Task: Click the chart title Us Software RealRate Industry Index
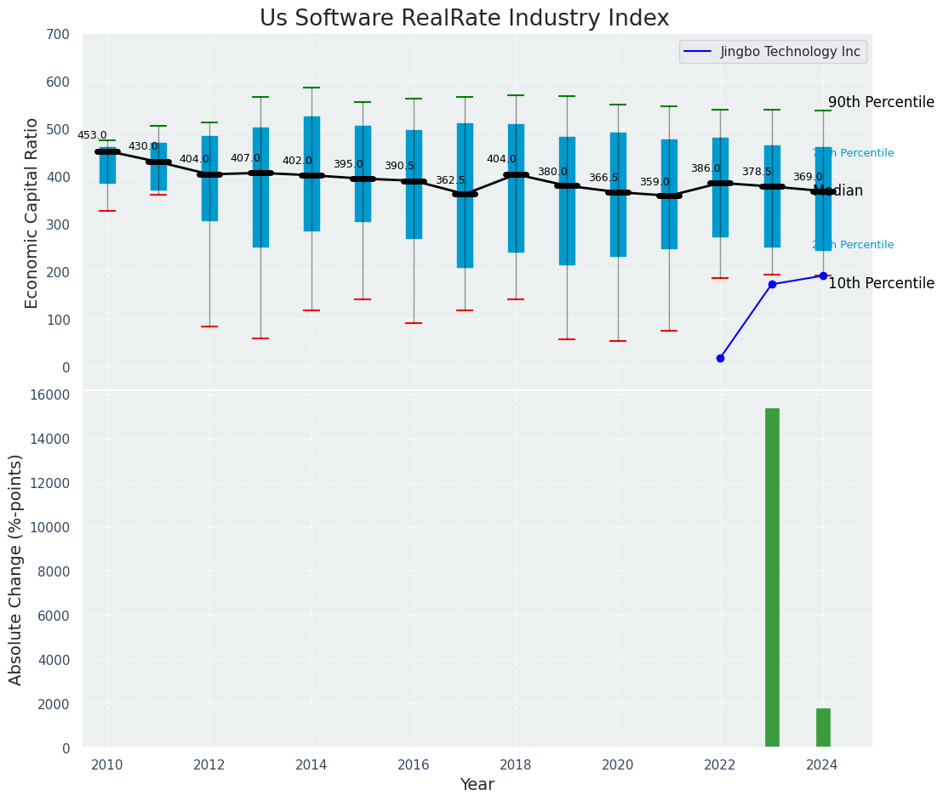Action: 464,19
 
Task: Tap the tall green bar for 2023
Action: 772,577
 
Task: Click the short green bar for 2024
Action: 823,728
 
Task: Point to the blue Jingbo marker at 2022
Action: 720,359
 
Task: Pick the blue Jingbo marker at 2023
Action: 772,284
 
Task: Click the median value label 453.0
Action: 92,135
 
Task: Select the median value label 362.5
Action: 450,180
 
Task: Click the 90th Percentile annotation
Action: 881,102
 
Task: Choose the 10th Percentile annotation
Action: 881,283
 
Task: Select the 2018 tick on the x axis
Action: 516,764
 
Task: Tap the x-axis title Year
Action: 477,785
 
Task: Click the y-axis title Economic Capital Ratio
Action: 32,213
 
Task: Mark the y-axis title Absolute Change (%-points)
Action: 16,569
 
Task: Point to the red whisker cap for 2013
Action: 260,338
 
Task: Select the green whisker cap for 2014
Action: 311,88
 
